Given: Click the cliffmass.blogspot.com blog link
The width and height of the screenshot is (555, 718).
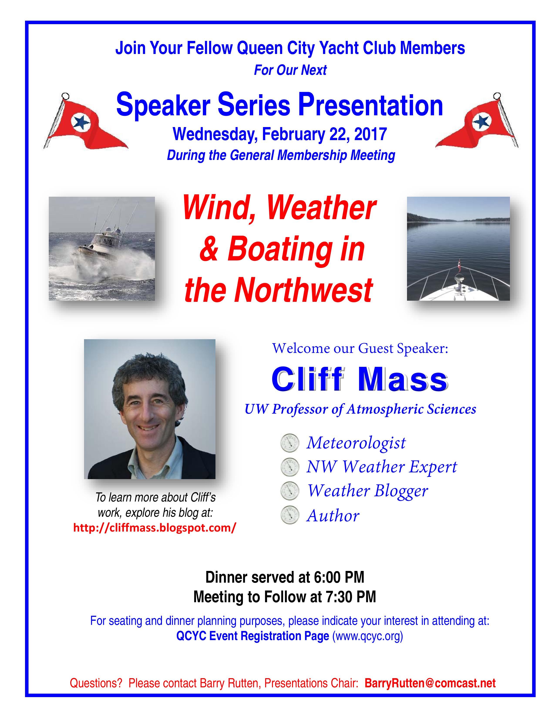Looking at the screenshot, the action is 155,528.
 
